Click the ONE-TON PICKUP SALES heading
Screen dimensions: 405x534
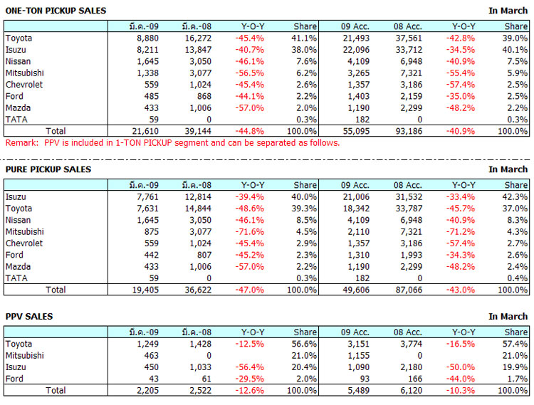pyautogui.click(x=56, y=11)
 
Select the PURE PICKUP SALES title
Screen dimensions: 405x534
pyautogui.click(x=48, y=169)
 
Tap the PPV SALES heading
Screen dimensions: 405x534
pyautogui.click(x=29, y=316)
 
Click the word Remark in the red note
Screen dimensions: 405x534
pyautogui.click(x=19, y=142)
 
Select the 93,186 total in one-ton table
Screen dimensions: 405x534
pyautogui.click(x=409, y=131)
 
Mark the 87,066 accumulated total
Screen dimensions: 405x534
pyautogui.click(x=409, y=290)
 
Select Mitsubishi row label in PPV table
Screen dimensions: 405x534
pyautogui.click(x=24, y=355)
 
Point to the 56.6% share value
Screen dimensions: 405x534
pyautogui.click(x=304, y=344)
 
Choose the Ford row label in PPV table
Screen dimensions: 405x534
pyautogui.click(x=14, y=378)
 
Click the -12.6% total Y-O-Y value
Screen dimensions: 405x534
pyautogui.click(x=249, y=390)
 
